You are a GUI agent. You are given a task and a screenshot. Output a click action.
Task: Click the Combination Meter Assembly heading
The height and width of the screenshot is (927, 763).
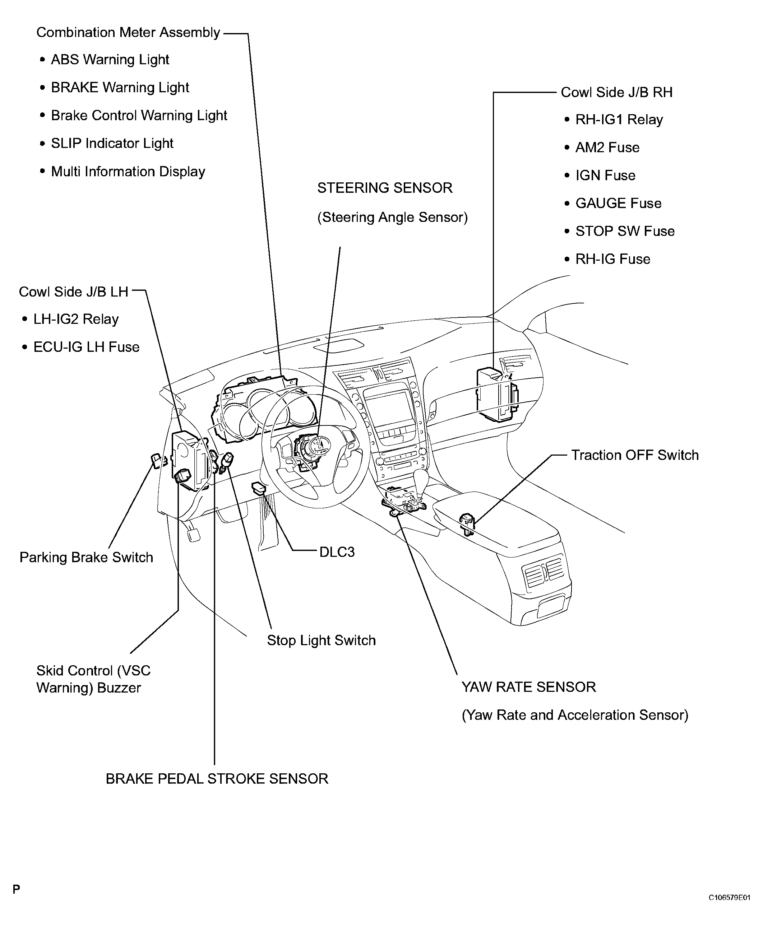128,33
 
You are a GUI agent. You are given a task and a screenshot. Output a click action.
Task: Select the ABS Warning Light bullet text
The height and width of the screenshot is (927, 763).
110,59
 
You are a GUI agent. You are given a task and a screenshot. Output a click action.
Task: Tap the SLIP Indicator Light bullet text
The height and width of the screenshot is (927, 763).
112,143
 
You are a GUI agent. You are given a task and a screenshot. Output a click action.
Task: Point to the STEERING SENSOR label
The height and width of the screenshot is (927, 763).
385,188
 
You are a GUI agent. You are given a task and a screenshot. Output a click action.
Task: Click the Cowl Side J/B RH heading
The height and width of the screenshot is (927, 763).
616,92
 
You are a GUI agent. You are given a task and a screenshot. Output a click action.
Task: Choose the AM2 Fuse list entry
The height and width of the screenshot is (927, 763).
607,148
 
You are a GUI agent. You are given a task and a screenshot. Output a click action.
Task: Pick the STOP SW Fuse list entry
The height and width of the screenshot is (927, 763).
625,231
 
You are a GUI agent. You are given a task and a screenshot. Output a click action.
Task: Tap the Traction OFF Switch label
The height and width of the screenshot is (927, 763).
634,455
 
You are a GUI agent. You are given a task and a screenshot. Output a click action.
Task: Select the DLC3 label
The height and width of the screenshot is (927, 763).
337,552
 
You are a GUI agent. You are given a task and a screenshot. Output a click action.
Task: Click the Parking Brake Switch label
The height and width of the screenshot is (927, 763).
86,558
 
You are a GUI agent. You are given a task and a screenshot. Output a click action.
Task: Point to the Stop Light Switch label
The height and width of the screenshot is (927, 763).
321,640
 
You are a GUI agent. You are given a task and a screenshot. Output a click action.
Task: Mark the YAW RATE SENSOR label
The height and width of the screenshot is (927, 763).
528,687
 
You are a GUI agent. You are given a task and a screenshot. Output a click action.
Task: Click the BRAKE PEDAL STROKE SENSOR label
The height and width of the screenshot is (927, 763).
217,779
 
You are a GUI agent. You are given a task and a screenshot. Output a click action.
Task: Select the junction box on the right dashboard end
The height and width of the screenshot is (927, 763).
496,394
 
